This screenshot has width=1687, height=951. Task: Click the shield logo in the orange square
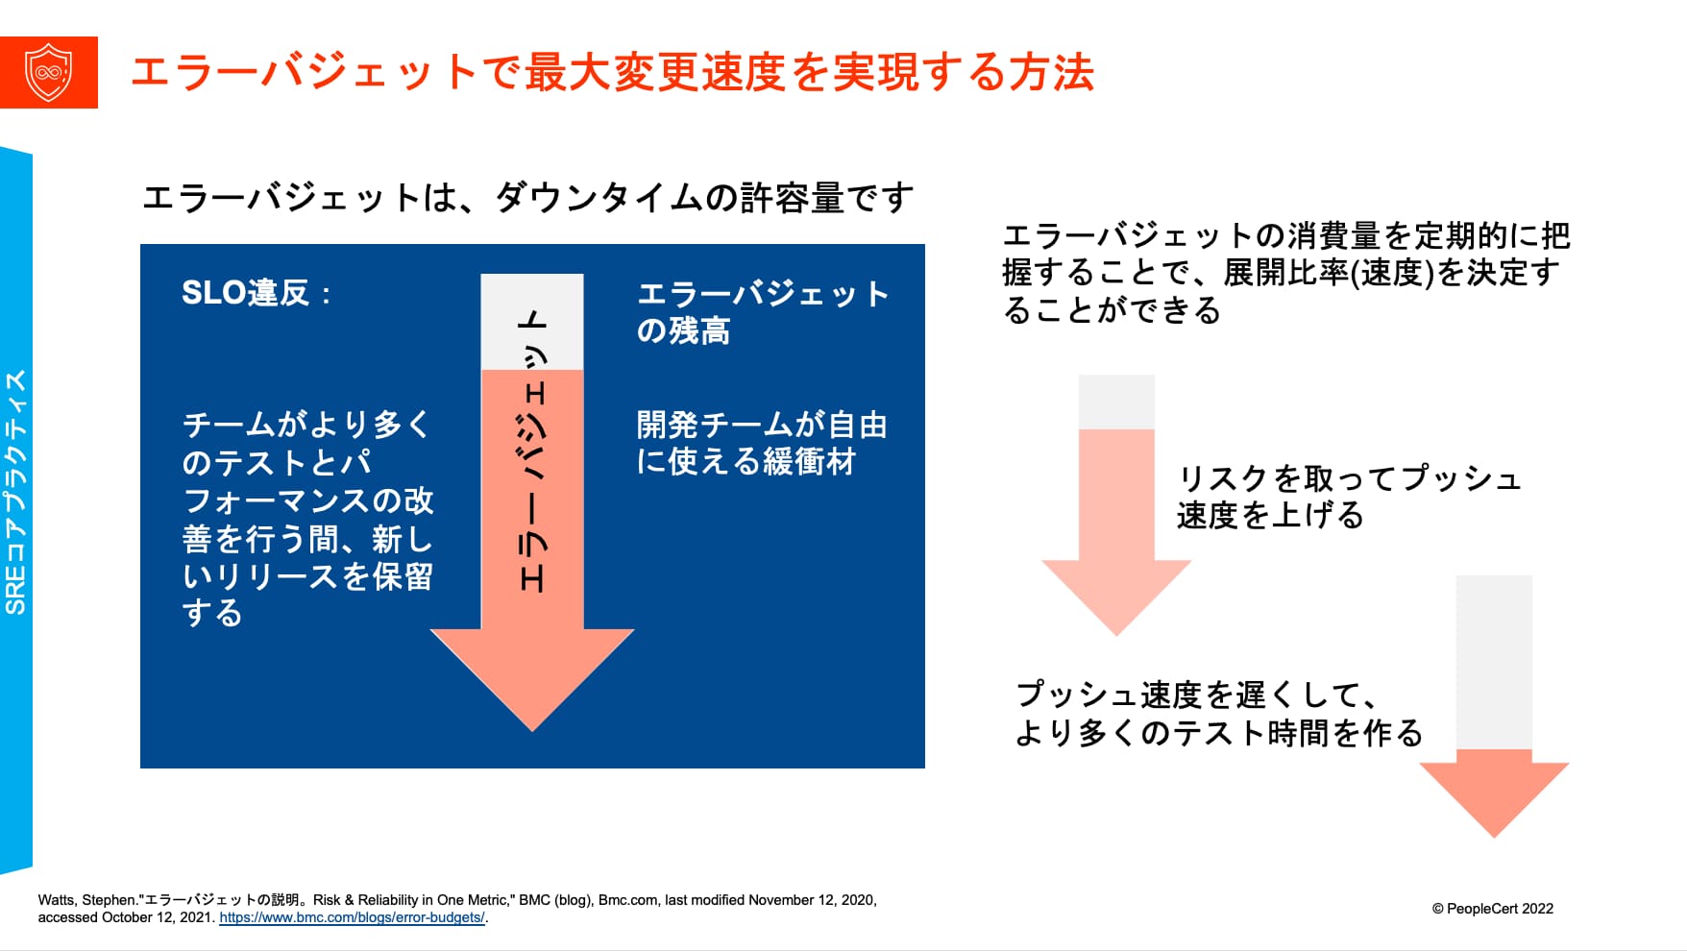pos(49,72)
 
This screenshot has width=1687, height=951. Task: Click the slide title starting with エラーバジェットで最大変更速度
pos(612,73)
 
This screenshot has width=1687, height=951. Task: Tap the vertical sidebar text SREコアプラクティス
pos(16,492)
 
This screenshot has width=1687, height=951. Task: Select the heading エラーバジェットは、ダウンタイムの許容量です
pos(527,198)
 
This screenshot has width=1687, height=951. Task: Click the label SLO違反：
pos(257,292)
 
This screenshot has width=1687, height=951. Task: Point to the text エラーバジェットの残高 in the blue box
pos(763,312)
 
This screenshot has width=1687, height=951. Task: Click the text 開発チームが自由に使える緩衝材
pos(762,443)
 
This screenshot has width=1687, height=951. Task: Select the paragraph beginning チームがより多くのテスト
pos(307,518)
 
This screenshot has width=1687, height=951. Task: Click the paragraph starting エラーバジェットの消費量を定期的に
pos(1286,273)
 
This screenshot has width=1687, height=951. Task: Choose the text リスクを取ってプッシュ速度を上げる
pos(1349,497)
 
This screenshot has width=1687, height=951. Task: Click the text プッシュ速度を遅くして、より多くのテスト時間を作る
pos(1219,714)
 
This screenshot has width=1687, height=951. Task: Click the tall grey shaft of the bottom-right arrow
pos(1494,662)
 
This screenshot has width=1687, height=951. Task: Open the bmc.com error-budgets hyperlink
pos(352,917)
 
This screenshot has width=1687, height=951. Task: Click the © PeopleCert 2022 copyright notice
pos(1492,909)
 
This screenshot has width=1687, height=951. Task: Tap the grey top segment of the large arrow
pos(532,322)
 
